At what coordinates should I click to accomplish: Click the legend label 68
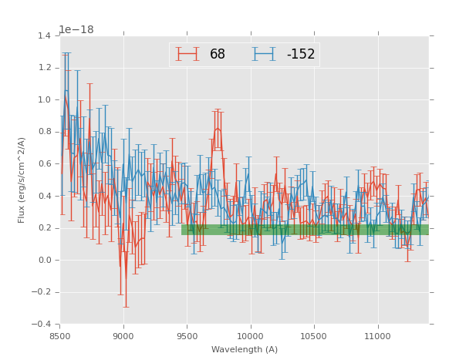coord(218,55)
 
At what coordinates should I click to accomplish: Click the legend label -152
coord(301,55)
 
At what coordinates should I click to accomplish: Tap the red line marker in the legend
coord(187,54)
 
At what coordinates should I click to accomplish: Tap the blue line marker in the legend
coord(264,54)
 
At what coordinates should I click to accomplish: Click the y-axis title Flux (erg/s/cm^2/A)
coord(22,180)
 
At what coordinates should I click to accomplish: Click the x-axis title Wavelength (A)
coord(245,349)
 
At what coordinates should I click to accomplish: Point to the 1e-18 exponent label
coord(76,30)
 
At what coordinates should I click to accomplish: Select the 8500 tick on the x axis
coord(60,336)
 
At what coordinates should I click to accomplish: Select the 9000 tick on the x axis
coord(123,336)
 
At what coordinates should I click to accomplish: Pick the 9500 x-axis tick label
coord(187,336)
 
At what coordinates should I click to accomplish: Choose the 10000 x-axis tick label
coord(251,336)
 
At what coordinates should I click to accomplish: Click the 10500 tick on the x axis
coord(314,336)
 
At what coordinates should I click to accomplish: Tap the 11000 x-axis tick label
coord(377,336)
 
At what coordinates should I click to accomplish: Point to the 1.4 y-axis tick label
coord(45,35)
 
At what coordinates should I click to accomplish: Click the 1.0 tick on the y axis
coord(45,99)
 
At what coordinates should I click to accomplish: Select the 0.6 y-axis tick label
coord(45,163)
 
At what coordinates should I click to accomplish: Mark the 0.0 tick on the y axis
coord(45,260)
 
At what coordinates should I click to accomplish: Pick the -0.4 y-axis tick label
coord(42,324)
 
